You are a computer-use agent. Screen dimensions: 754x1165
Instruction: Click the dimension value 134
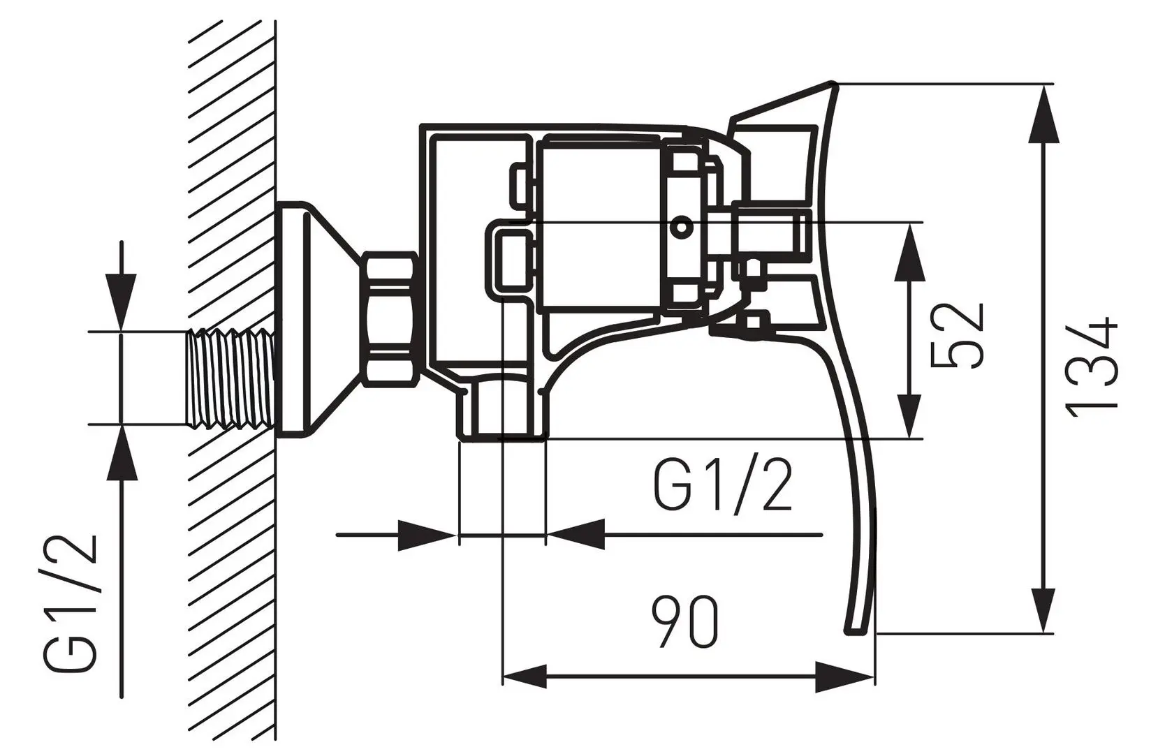1093,368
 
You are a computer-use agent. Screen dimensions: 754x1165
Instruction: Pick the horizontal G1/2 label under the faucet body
723,486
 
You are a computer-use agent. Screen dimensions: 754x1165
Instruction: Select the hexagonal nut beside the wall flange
390,319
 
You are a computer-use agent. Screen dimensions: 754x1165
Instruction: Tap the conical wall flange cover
314,319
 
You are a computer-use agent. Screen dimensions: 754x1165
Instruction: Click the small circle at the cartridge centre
681,226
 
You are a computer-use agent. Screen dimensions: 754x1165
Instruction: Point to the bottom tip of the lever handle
858,630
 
